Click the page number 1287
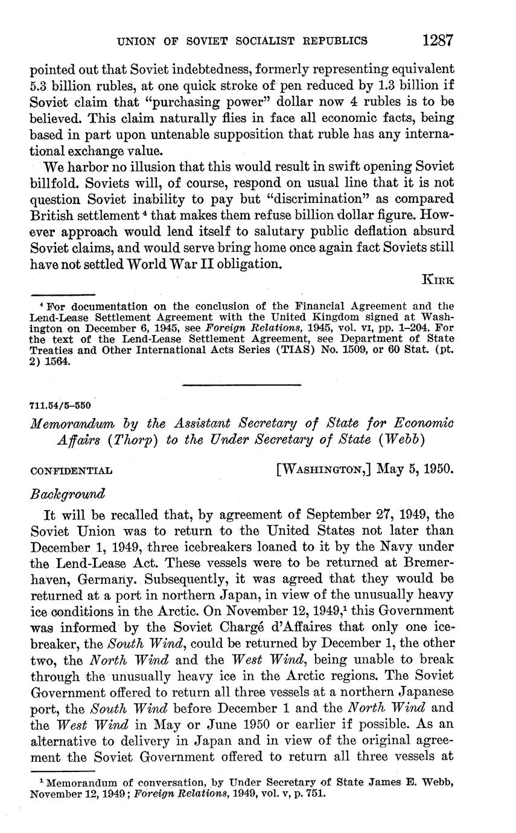[x=438, y=40]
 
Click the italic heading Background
[x=68, y=493]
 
